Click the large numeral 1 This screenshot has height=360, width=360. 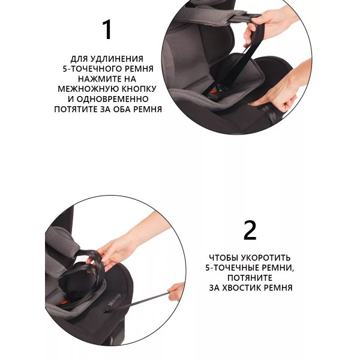(107, 29)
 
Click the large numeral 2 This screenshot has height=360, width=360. (250, 230)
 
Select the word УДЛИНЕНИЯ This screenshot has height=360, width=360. (117, 59)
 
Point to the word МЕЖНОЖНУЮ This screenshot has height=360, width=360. (88, 89)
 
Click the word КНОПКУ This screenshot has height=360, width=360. (139, 89)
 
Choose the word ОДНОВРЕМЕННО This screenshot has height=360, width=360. (112, 99)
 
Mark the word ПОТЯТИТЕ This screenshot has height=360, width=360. (76, 109)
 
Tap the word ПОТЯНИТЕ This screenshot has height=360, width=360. (250, 278)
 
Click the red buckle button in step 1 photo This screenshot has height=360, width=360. (213, 92)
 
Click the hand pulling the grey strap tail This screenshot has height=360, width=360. (176, 292)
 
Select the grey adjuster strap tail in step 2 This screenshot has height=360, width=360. (137, 302)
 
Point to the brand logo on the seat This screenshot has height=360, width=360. (115, 299)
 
